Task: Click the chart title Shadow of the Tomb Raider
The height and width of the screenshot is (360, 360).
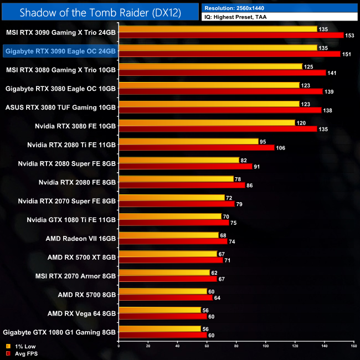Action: (100, 12)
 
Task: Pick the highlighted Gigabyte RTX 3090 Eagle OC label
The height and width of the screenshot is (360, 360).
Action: (60, 51)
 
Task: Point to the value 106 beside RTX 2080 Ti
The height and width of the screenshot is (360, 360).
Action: (281, 148)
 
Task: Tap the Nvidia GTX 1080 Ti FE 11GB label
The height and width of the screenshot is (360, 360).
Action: (71, 220)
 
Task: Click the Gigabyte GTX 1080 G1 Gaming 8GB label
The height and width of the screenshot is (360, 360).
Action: (59, 333)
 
